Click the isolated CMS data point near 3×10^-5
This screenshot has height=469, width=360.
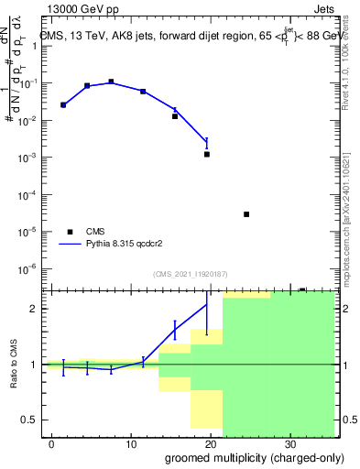click(246, 214)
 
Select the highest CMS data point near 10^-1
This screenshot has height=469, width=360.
click(111, 82)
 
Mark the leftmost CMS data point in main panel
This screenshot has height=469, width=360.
click(63, 105)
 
